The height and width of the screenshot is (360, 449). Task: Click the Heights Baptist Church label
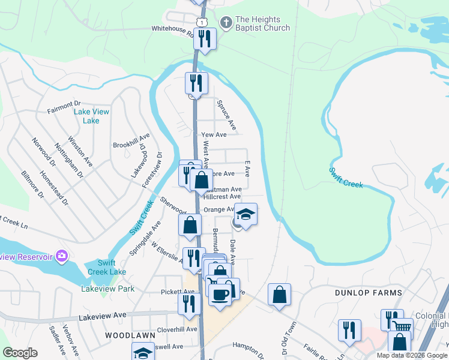point(263,24)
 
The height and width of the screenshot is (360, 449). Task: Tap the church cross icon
point(226,23)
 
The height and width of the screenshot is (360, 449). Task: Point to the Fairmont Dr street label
point(64,111)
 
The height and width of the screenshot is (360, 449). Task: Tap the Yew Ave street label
point(214,136)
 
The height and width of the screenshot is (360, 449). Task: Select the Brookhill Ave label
point(131,145)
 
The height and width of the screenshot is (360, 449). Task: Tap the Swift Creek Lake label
point(107,268)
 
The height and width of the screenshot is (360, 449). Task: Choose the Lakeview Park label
point(108,289)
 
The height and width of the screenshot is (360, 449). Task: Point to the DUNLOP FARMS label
point(369,293)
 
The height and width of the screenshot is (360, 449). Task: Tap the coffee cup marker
point(220,294)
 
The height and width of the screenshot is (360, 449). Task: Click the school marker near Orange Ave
point(245,213)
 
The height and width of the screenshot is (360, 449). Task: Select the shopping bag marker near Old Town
point(279,294)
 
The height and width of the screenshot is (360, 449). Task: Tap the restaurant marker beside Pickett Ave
point(190,303)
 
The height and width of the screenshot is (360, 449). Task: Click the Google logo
point(20,353)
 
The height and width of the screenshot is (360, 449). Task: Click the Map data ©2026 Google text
point(412,355)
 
